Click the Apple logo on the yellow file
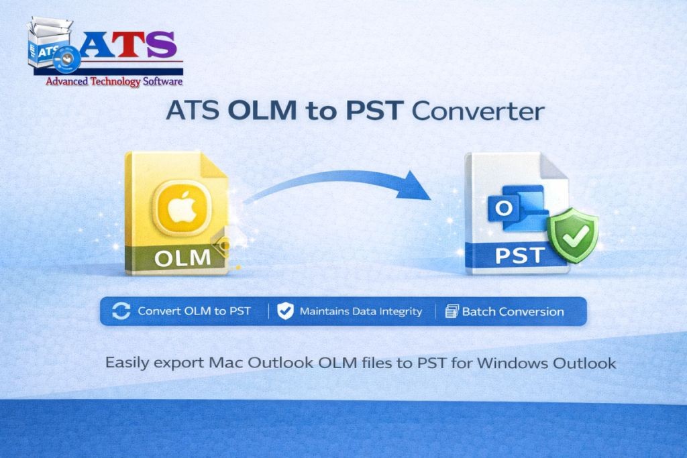(182, 207)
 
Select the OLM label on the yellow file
(182, 258)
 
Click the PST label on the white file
(520, 255)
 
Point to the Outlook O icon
(504, 209)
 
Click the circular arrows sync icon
(121, 311)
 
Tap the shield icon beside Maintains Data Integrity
(285, 311)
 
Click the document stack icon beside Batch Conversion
(452, 311)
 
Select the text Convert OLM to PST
(194, 311)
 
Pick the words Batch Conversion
(513, 312)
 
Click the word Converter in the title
(478, 111)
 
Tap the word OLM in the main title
(262, 111)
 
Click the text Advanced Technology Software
(114, 81)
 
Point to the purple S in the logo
(162, 44)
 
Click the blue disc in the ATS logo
(66, 60)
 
